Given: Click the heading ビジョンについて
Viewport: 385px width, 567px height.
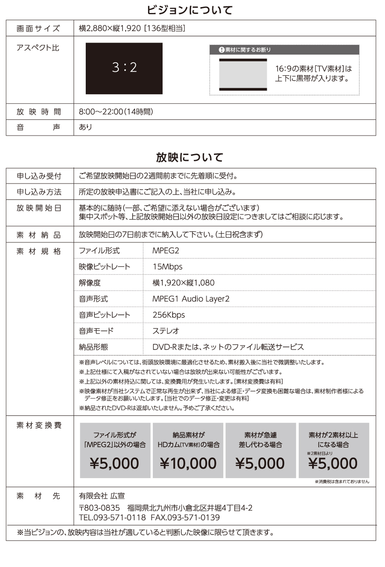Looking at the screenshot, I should pos(190,10).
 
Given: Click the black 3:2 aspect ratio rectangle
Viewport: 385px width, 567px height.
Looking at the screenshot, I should pos(124,68).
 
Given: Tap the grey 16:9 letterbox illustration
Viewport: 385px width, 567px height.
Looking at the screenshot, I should pos(243,75).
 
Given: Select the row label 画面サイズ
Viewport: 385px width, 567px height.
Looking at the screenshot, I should pos(38,28).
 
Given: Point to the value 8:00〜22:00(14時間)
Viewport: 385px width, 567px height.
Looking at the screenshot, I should pos(116,112).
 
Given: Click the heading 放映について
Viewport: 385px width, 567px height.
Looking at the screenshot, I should pos(190,157).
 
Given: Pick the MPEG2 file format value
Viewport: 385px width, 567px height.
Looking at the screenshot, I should pos(166,251).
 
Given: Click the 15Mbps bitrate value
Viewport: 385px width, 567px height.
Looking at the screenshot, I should pos(167,267).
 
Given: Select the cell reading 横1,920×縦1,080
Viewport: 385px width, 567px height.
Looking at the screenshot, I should pos(183,283).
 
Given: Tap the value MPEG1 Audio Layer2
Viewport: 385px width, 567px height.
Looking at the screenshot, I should pos(191,299).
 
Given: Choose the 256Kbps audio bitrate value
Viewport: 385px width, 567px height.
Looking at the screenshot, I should pos(169,315).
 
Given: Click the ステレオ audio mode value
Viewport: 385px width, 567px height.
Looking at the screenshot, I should pos(166,331).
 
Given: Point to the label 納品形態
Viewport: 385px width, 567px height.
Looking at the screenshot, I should pos(94,347).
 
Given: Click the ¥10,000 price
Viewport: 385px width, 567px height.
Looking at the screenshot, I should pos(188,463).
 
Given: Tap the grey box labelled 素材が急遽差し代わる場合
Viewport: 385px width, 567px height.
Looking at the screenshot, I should pos(260,450).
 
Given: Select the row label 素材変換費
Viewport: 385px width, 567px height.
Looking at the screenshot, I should pos(39,425).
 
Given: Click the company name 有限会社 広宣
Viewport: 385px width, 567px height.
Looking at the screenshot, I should pos(102,496).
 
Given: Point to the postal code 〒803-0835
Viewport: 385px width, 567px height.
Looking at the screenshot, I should pos(99,508).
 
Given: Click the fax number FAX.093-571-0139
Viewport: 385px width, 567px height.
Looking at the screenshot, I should pos(185,518).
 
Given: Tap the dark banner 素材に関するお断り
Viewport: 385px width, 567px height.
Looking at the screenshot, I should pos(284,50).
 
